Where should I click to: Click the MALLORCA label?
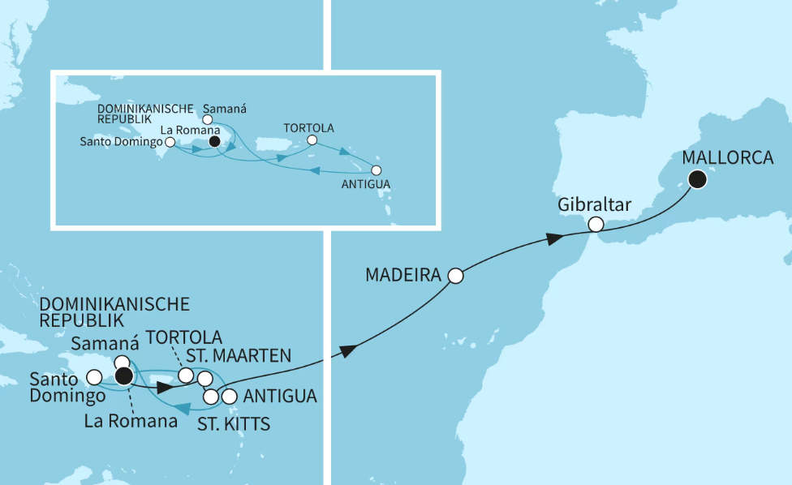pyautogui.click(x=728, y=158)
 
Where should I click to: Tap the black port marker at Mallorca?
pyautogui.click(x=695, y=180)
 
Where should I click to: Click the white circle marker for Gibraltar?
pyautogui.click(x=596, y=224)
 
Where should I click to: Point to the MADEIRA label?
pyautogui.click(x=402, y=276)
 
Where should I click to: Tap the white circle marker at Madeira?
pyautogui.click(x=455, y=276)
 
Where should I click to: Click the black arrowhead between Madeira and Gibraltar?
pyautogui.click(x=553, y=238)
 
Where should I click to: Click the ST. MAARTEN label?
pyautogui.click(x=241, y=354)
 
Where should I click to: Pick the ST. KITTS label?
pyautogui.click(x=235, y=423)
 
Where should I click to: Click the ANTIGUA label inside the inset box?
pyautogui.click(x=367, y=185)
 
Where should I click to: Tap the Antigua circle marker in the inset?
pyautogui.click(x=376, y=170)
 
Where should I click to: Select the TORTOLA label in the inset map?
pyautogui.click(x=308, y=128)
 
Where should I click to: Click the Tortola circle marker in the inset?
pyautogui.click(x=312, y=141)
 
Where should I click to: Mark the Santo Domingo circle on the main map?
pyautogui.click(x=94, y=377)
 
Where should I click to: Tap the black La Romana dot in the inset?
pyautogui.click(x=214, y=141)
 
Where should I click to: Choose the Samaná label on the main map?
pyautogui.click(x=99, y=344)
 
